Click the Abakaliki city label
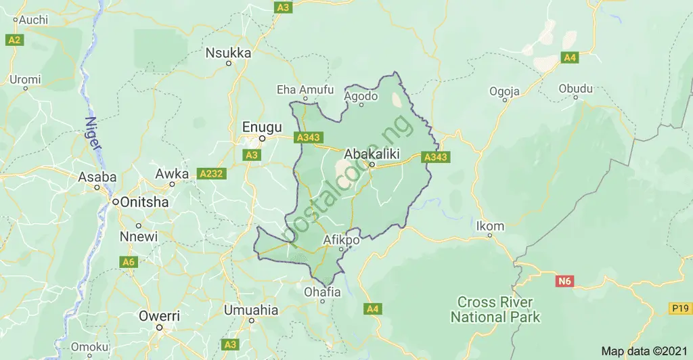(x=372, y=154)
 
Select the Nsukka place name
(x=228, y=53)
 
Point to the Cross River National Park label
(x=495, y=309)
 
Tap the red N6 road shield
(x=564, y=279)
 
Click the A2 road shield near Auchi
(x=14, y=41)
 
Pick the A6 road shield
(x=128, y=261)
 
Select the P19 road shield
(x=679, y=309)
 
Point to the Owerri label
(x=159, y=316)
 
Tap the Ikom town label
(x=490, y=226)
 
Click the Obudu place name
(x=575, y=89)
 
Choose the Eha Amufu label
(x=306, y=89)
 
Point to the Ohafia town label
(x=322, y=294)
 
